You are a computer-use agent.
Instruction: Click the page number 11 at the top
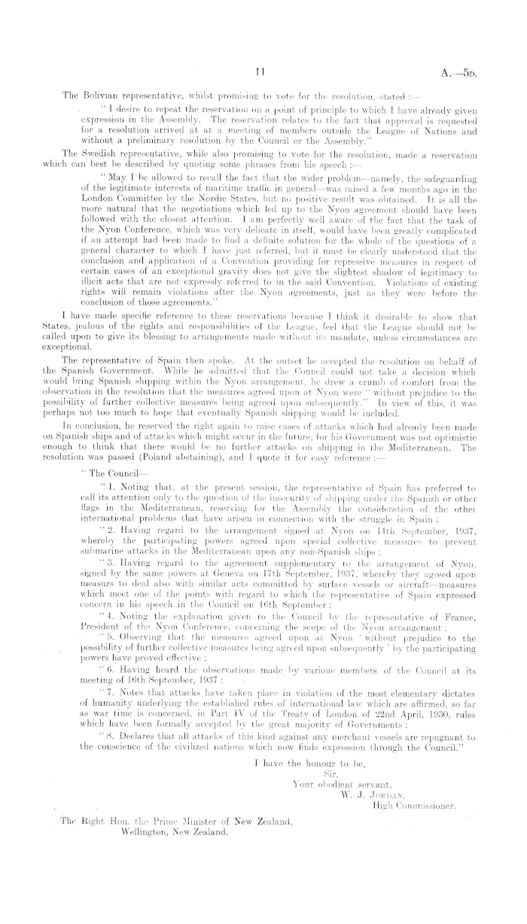260,72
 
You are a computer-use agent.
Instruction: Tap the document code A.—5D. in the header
477,73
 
